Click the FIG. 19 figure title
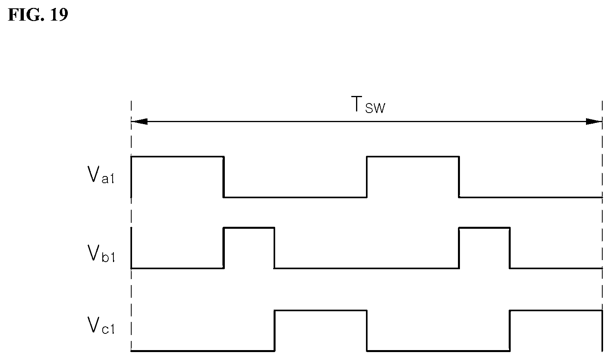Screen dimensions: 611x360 coord(38,15)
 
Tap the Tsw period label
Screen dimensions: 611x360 coord(368,104)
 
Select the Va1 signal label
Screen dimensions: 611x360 coord(101,174)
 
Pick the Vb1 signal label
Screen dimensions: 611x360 coord(101,253)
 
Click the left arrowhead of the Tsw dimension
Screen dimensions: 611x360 coord(140,121)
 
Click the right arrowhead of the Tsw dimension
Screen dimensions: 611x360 coord(594,121)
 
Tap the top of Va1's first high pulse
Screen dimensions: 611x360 coord(177,157)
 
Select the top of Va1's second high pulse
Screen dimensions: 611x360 coord(413,157)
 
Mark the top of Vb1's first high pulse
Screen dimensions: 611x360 coord(249,228)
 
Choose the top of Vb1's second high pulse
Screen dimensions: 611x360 coord(485,228)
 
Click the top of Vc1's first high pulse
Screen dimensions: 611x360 coord(320,310)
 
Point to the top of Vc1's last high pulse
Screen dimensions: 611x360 coord(556,310)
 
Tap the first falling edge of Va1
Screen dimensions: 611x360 coord(224,177)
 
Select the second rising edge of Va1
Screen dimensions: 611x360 coord(367,177)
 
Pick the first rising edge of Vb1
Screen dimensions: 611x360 coord(224,248)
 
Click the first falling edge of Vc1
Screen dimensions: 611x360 coord(367,331)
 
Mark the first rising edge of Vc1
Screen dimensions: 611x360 coord(274,331)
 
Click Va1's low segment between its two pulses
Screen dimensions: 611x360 coord(295,197)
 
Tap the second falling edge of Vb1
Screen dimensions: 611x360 coord(510,248)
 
